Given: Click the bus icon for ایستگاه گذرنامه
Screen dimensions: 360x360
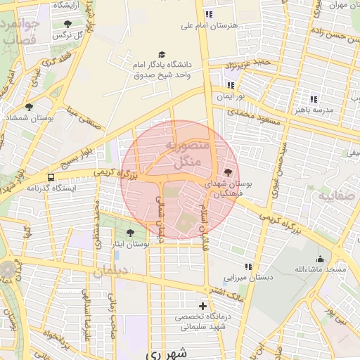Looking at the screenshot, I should point(50,177).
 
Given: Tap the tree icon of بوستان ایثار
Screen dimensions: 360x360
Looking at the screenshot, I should point(131,231).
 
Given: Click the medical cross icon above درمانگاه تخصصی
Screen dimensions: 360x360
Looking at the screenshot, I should point(203,306).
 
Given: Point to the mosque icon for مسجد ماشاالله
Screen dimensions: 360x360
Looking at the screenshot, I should point(321,258).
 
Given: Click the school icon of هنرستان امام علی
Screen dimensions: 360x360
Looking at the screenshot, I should point(208,14).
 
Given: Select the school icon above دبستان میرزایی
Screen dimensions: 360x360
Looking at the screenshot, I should point(248,266).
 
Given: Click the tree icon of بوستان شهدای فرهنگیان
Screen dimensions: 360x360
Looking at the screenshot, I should point(226,172).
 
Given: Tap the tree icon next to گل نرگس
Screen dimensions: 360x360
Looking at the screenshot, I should point(67,23).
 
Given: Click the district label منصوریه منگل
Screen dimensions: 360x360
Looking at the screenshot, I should point(186,153).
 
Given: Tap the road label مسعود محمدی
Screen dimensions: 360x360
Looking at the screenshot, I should point(254,117).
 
